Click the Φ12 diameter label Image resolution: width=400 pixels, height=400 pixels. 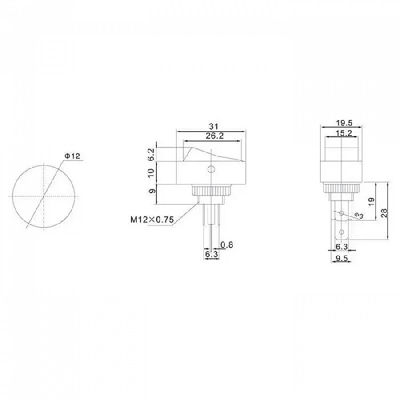73,156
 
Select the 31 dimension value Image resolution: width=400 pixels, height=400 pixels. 214,127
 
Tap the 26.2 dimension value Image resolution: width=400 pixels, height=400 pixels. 215,136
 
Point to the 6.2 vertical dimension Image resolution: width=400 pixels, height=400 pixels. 151,155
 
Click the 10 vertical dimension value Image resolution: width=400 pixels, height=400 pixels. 151,173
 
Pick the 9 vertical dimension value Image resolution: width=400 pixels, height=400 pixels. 152,191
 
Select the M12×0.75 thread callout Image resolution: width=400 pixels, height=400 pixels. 152,219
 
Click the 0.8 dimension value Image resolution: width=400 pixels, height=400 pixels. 227,245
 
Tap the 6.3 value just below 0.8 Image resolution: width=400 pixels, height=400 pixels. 212,254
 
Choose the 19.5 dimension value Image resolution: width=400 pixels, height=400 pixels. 344,123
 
